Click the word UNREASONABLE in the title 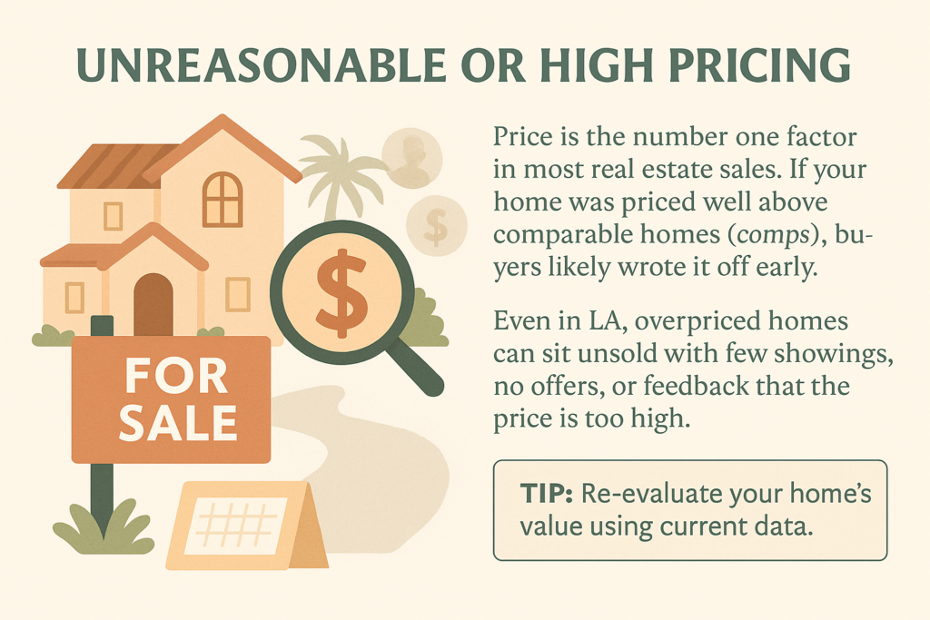(261, 64)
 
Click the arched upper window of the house (223, 199)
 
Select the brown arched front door (153, 305)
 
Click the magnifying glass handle (419, 369)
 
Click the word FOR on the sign (176, 376)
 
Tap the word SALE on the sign (178, 422)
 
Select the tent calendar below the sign (246, 526)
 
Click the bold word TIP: (546, 494)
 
